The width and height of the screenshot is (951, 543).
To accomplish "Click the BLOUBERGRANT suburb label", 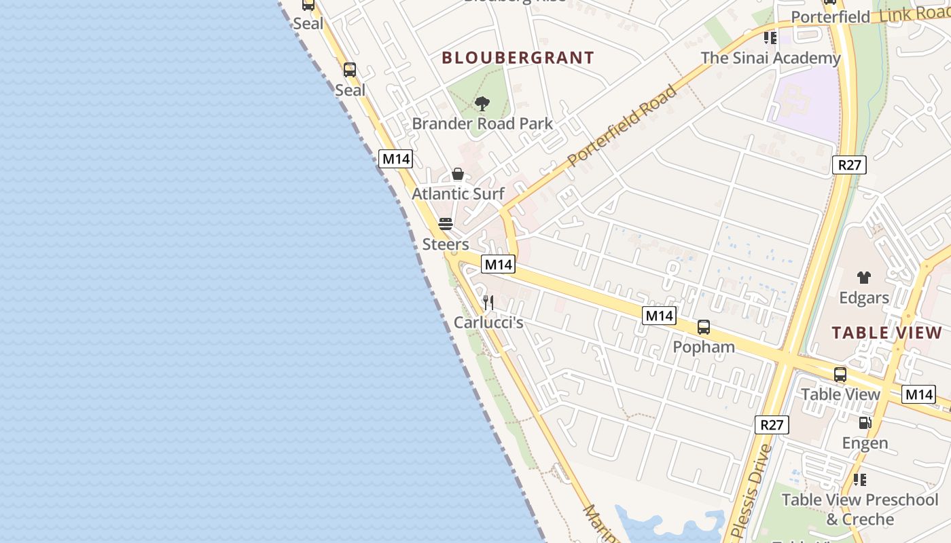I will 518,58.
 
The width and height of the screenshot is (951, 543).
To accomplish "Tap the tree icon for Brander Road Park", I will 482,104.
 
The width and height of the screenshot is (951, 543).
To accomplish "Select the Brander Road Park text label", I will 482,124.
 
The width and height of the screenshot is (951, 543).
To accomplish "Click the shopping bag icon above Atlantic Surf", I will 458,174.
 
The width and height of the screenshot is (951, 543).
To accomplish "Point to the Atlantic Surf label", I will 458,194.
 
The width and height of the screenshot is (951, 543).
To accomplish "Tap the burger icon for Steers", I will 446,224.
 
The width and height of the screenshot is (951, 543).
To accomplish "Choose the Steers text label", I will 446,244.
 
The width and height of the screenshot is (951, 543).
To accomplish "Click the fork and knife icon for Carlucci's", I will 488,302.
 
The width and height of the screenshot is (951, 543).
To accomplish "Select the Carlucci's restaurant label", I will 488,322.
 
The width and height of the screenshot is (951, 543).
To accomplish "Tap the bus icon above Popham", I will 704,327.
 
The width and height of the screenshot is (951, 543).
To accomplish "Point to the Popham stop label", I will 704,347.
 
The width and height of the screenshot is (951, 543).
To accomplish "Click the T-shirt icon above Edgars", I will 863,278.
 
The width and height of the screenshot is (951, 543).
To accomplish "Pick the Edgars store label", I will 863,298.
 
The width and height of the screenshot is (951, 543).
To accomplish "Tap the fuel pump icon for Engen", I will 865,423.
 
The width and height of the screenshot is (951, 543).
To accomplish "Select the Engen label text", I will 865,443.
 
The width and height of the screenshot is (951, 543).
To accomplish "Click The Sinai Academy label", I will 770,58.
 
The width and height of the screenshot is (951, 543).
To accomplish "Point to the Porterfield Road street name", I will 622,126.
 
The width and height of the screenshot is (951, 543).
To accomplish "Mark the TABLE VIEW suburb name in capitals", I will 886,333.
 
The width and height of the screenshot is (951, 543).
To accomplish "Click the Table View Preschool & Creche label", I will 859,509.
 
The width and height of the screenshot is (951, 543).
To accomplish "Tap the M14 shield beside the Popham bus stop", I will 659,316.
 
